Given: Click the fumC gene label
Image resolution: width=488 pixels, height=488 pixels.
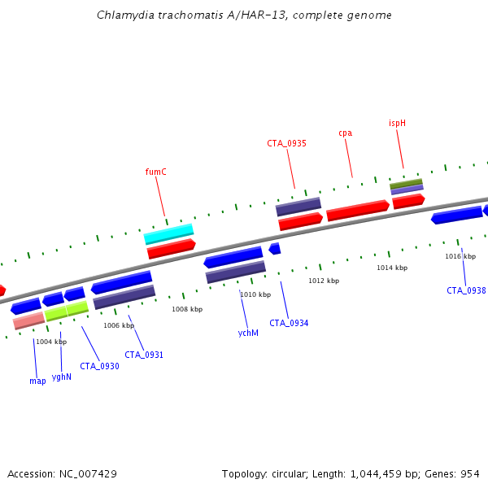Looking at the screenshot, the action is [155, 172].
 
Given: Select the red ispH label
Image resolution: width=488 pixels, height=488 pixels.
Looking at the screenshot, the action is [397, 124].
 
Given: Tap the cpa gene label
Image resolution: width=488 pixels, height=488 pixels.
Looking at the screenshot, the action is [345, 133].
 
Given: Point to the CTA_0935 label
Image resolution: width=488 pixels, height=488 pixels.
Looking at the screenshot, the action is [286, 143].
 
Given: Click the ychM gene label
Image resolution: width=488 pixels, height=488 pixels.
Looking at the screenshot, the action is [248, 333].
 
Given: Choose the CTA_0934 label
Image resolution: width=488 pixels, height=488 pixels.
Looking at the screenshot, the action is [289, 323].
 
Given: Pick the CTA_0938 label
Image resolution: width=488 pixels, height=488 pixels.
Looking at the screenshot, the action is [466, 290].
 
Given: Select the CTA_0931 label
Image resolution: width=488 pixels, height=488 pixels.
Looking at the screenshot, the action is [144, 355].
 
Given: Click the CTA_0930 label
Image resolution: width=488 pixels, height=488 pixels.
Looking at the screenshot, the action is [99, 366].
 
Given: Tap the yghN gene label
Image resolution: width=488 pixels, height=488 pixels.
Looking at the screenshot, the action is [62, 377].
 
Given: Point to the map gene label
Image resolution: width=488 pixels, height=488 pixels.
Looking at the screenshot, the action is [37, 381].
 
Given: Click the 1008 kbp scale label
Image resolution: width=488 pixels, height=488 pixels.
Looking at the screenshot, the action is [187, 309].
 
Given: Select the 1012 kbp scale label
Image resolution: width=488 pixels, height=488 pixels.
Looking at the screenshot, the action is [324, 281].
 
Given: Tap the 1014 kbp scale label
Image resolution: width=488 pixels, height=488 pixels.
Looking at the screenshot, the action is [392, 268].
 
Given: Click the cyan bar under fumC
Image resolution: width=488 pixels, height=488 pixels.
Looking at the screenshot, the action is [168, 233].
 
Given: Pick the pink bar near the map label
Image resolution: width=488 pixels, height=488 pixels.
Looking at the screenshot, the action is [29, 320].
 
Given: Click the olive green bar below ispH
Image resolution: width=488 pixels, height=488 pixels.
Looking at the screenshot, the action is [406, 184].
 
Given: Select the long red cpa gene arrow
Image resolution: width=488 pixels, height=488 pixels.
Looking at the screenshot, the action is [358, 211].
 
